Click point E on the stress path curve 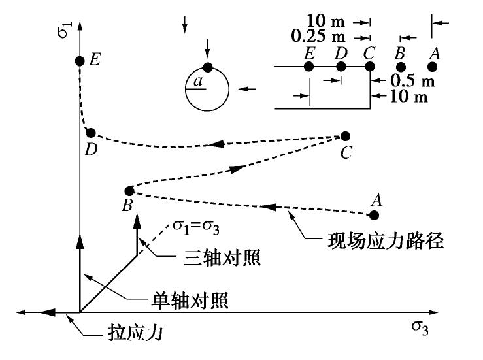[x=79, y=61]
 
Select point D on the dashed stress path [x=91, y=133]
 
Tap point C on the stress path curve [x=345, y=137]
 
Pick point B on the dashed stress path [x=129, y=191]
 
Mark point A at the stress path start [x=375, y=214]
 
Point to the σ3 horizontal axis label [x=420, y=327]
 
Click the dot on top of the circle [x=207, y=67]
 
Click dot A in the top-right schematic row [x=432, y=67]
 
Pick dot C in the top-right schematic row [x=370, y=66]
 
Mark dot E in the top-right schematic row [x=309, y=66]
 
